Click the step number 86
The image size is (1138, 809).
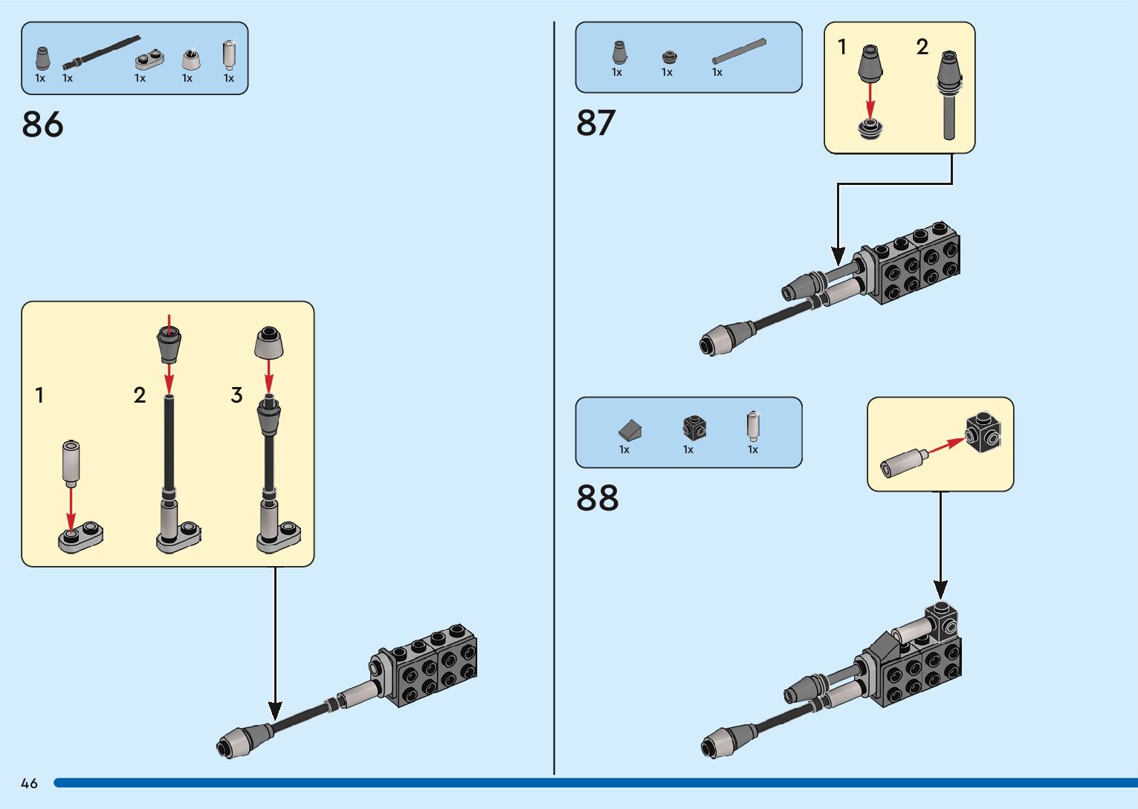[x=42, y=124]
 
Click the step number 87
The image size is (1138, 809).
[x=595, y=123]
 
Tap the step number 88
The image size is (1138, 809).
[x=597, y=498]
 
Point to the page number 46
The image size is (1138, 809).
[x=29, y=783]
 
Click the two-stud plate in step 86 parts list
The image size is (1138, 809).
[x=149, y=58]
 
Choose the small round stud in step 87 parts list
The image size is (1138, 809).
[x=669, y=56]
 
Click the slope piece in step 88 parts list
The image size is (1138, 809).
[x=630, y=429]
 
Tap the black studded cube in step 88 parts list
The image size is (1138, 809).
[x=694, y=428]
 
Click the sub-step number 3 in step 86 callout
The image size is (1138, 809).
[x=236, y=395]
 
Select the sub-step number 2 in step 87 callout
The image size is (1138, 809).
[x=922, y=48]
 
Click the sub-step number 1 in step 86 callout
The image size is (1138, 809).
[x=39, y=395]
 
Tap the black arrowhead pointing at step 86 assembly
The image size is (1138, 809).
[x=275, y=710]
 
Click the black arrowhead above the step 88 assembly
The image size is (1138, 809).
[x=941, y=590]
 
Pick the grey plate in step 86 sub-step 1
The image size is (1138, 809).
[x=80, y=537]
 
